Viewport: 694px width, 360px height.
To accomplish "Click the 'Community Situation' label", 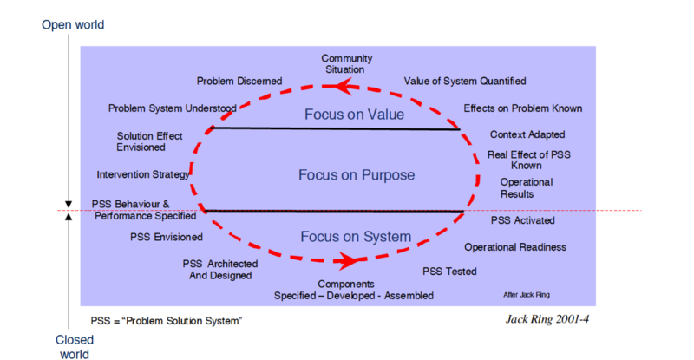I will [x=347, y=63].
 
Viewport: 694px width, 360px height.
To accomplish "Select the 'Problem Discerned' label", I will [x=239, y=81].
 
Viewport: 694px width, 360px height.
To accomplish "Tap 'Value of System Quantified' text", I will [x=465, y=81].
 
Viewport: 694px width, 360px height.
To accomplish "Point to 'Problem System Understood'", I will [x=172, y=108].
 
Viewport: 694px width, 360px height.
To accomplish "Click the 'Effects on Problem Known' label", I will [x=522, y=108].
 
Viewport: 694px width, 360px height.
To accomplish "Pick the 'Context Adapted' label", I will [x=527, y=134].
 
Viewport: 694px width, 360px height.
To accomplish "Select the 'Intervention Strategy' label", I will [x=142, y=174].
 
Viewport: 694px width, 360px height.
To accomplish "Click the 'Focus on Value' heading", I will [x=343, y=114].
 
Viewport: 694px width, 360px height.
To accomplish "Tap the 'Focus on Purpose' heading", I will [x=344, y=174].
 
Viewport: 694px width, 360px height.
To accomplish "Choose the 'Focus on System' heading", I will [x=344, y=237].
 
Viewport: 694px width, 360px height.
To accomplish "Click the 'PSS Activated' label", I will [x=523, y=220].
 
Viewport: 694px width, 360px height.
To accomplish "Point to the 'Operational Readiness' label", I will [x=515, y=247].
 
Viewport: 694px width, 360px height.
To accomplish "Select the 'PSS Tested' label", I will [x=449, y=272].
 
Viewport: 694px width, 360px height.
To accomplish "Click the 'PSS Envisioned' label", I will [x=167, y=236].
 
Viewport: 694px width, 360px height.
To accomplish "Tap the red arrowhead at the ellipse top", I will [x=340, y=86].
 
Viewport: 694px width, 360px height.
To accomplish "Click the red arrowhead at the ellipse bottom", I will [x=349, y=260].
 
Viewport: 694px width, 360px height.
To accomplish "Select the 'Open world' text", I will [x=73, y=24].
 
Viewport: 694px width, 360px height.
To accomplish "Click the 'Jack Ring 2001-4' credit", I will [x=547, y=318].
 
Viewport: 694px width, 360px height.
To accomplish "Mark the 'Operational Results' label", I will [x=527, y=188].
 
